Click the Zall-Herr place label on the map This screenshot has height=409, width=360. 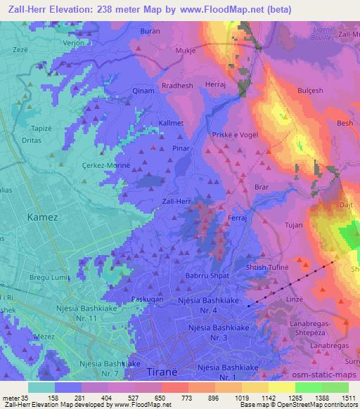[176, 201]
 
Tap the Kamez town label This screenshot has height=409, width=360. [41, 218]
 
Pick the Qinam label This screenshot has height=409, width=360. [143, 91]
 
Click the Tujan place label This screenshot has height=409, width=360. [293, 226]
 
